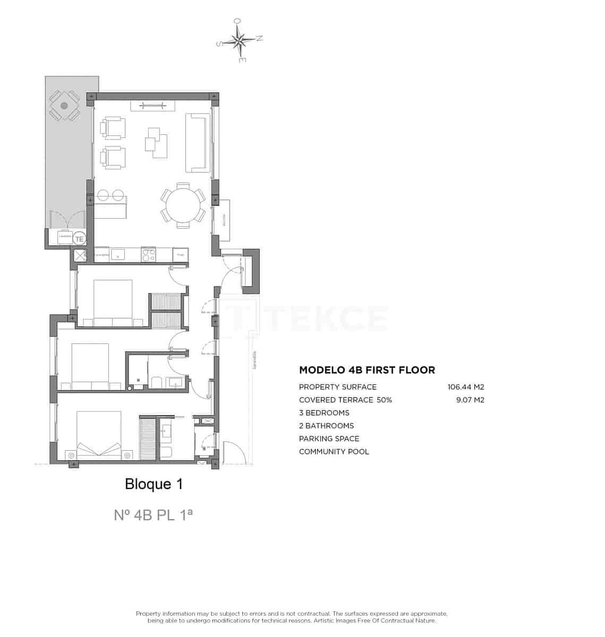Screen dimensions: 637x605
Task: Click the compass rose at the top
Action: pyautogui.click(x=240, y=40)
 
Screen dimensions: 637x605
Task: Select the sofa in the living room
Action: pyautogui.click(x=196, y=143)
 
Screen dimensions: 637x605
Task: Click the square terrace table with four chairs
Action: pyautogui.click(x=64, y=106)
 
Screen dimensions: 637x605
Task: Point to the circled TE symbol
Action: pyautogui.click(x=79, y=239)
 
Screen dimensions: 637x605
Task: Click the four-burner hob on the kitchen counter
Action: pyautogui.click(x=148, y=255)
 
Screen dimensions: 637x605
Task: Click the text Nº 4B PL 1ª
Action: pyautogui.click(x=153, y=515)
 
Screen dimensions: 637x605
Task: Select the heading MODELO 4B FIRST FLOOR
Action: pyautogui.click(x=367, y=370)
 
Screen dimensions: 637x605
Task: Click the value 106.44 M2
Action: pyautogui.click(x=466, y=387)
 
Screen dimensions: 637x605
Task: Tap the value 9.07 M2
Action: pyautogui.click(x=470, y=400)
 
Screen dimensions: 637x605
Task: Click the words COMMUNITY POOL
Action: pyautogui.click(x=334, y=452)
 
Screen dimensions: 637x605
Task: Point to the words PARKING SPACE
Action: pyautogui.click(x=329, y=438)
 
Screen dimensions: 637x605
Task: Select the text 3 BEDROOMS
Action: pyautogui.click(x=324, y=413)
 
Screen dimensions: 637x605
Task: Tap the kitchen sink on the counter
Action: pyautogui.click(x=117, y=255)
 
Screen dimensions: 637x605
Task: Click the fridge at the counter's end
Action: pyautogui.click(x=181, y=255)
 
